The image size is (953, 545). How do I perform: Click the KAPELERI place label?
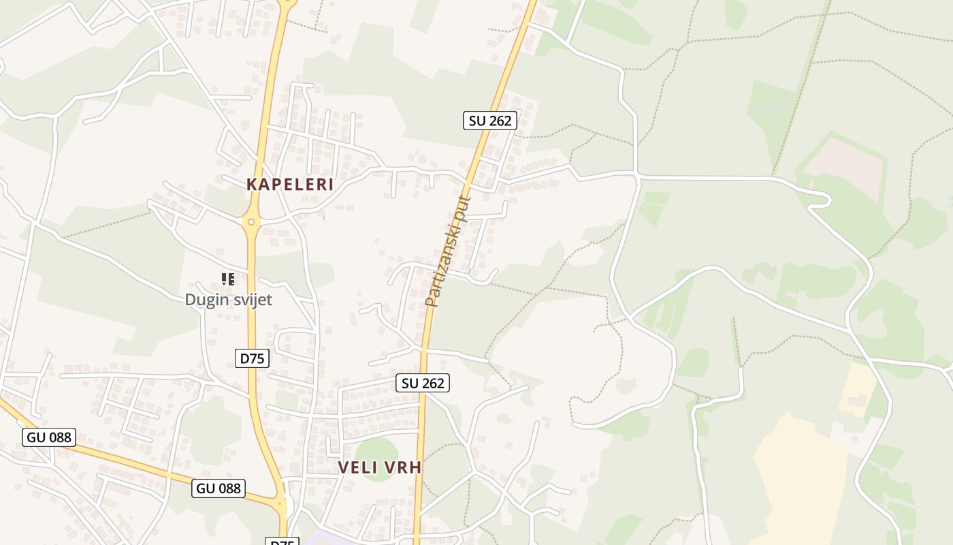(x=290, y=184)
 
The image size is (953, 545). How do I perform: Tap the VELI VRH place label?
(x=380, y=467)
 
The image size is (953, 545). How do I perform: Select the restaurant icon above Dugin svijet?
(x=228, y=279)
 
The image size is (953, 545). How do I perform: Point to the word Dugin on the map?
(x=205, y=300)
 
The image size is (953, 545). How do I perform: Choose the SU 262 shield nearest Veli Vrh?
(x=423, y=383)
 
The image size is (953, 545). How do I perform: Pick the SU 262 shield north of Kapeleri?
(x=490, y=121)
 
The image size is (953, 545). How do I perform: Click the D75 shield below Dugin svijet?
(x=252, y=358)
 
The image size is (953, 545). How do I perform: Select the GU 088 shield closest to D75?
(x=218, y=488)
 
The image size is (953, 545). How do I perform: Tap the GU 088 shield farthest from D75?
(x=48, y=437)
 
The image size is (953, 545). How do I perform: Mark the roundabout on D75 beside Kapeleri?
(x=251, y=221)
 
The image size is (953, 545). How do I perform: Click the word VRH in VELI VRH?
(x=404, y=467)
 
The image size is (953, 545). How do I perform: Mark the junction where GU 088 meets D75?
(x=280, y=505)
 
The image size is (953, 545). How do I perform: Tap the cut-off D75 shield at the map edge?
(x=281, y=542)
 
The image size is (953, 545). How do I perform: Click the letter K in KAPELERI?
(x=251, y=184)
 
